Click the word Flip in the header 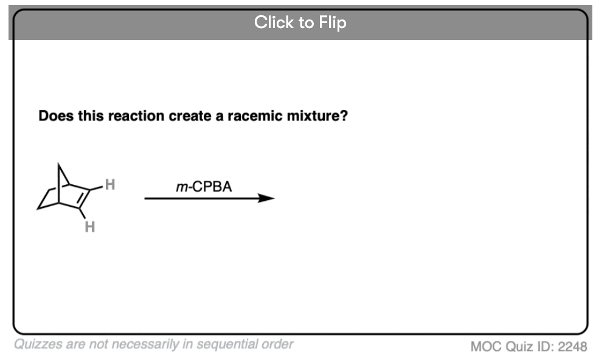(333, 22)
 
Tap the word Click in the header (274, 22)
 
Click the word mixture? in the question (317, 116)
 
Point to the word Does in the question (56, 116)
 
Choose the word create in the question (190, 116)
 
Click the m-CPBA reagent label (204, 187)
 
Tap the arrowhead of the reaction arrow (266, 198)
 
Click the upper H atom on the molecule (110, 184)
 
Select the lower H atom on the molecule (90, 227)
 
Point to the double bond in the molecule (84, 198)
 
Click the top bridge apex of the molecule (58, 164)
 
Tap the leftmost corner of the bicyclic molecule (38, 209)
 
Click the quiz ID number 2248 (572, 346)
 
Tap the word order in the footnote (279, 344)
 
